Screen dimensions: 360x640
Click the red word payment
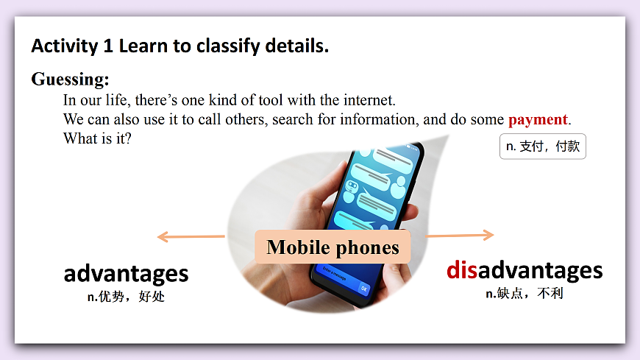538,119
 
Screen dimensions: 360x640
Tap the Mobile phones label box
333,247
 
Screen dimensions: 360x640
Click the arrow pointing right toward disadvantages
460,236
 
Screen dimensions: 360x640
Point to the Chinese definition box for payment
542,146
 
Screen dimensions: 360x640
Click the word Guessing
70,80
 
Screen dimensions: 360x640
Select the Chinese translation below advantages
126,297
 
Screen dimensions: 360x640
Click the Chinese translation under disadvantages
524,293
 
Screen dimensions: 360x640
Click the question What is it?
97,138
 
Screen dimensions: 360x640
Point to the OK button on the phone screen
363,288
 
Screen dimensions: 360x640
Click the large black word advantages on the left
126,274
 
